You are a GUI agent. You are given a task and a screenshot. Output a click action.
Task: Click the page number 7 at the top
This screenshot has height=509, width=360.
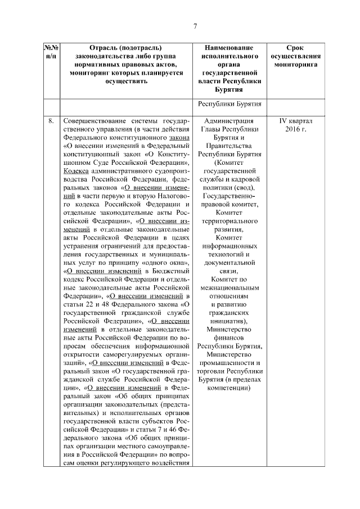tap(195, 26)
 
